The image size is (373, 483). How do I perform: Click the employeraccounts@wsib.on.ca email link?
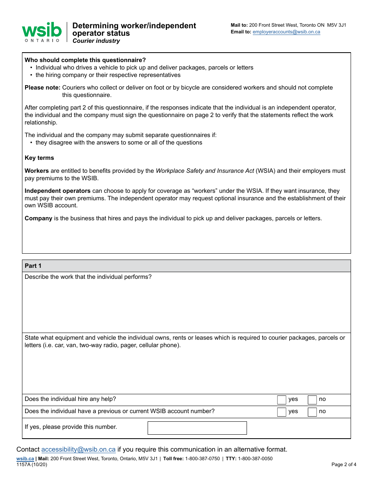coord(286,32)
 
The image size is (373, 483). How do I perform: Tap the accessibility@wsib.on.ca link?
coord(78,449)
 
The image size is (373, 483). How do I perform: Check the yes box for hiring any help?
coord(282,400)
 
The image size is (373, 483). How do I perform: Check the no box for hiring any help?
coord(312,400)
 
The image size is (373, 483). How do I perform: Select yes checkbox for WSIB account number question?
coord(282,412)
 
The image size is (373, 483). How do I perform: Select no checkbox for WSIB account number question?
coord(312,412)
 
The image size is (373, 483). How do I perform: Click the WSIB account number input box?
coord(197,428)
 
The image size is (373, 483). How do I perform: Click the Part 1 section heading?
coord(33,266)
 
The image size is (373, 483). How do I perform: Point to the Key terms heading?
coord(39,158)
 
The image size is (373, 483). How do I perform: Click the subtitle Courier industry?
coord(96,41)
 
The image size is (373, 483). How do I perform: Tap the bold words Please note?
coord(42,88)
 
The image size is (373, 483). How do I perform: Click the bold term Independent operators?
coord(58,191)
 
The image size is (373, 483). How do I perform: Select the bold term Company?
coord(38,218)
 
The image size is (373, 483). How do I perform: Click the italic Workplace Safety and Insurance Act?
coord(205,171)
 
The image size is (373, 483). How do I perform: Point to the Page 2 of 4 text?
coord(344,465)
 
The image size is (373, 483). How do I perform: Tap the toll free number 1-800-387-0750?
coord(202,459)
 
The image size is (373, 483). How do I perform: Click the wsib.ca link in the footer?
coord(25,459)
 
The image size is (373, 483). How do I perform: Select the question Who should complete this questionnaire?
coord(85,60)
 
